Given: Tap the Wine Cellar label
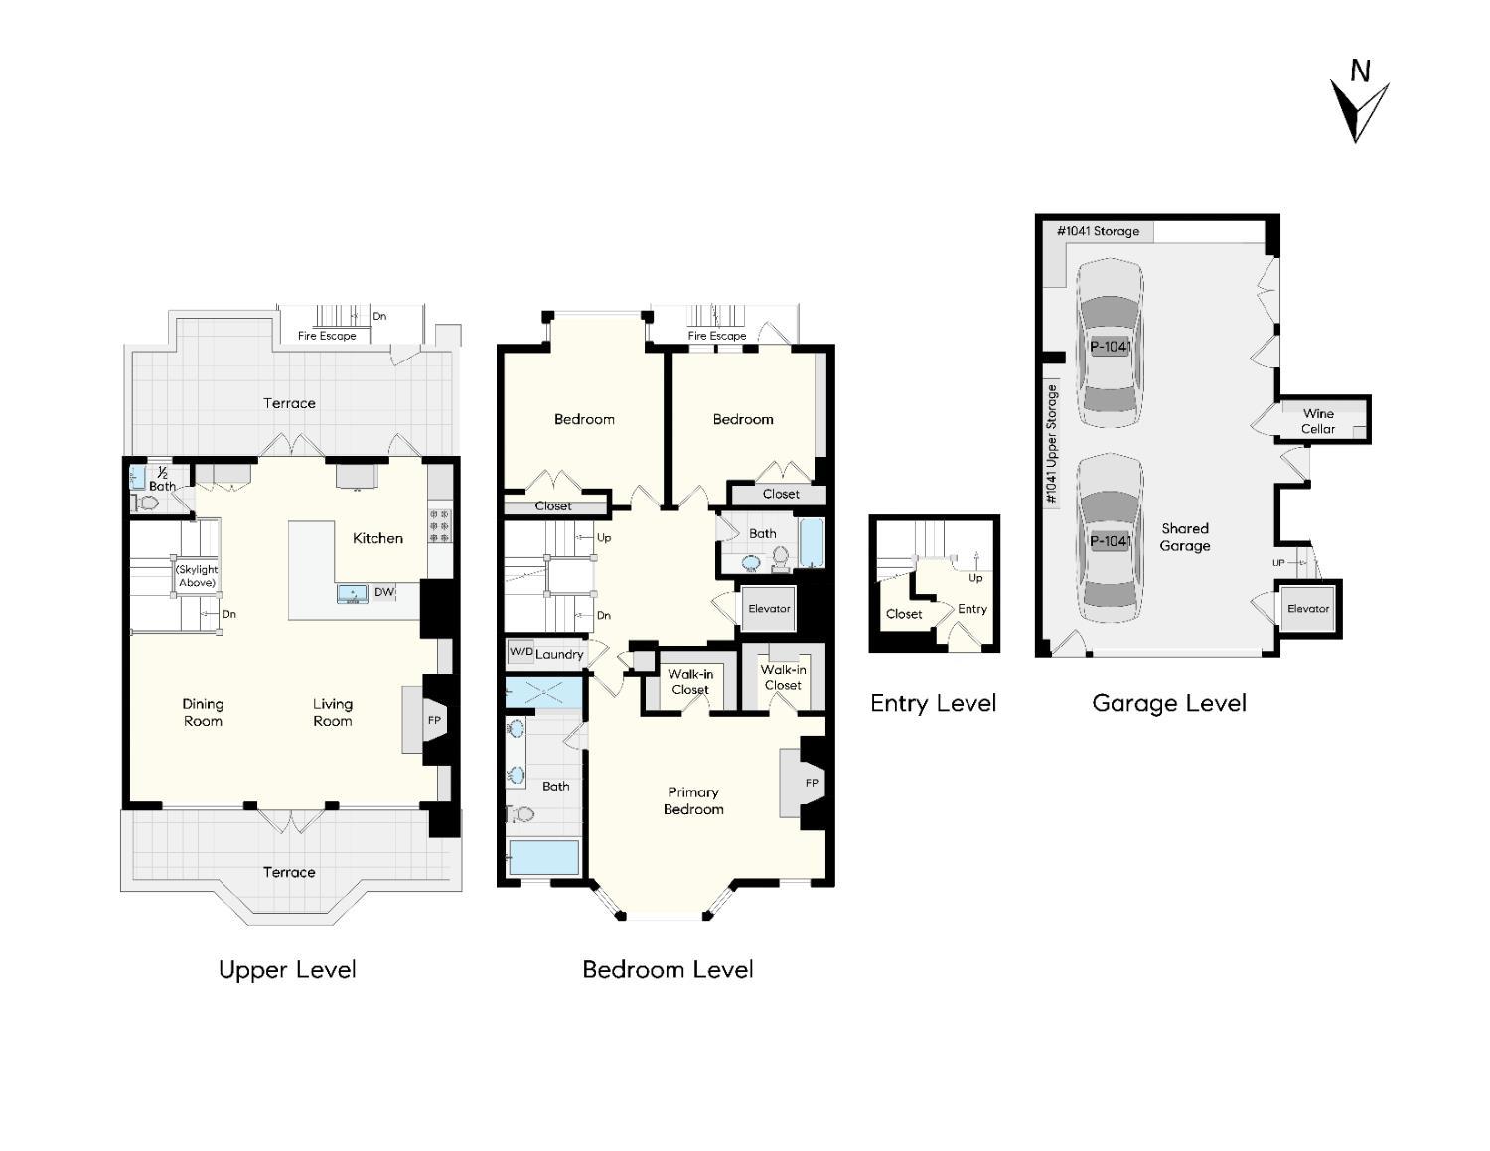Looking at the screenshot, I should click(x=1318, y=421).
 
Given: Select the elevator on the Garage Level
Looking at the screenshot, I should click(x=1307, y=609).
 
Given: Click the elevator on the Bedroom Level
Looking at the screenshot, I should click(x=769, y=609).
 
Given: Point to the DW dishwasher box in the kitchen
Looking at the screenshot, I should click(x=384, y=592).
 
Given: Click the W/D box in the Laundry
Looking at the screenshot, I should click(x=521, y=652).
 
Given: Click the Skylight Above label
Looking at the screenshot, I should click(x=197, y=576).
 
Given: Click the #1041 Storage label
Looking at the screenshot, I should click(x=1098, y=231).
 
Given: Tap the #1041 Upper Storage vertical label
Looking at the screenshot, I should click(x=1052, y=443).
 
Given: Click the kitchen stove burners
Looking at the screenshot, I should click(x=439, y=526).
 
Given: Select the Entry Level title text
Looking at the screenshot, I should click(x=933, y=703).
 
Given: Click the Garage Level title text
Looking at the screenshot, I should click(x=1168, y=703).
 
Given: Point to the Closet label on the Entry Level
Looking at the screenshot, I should click(x=904, y=614).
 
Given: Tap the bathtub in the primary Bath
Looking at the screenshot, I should click(x=543, y=858).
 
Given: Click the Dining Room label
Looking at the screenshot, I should click(x=203, y=712).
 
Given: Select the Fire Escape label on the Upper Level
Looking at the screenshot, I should click(x=327, y=336).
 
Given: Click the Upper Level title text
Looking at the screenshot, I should click(x=287, y=969).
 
